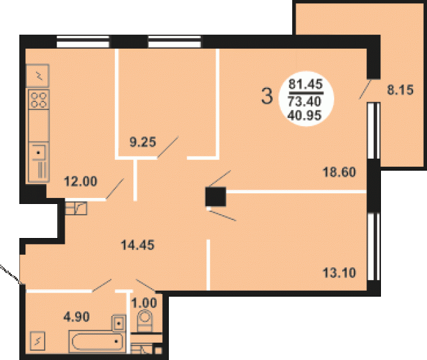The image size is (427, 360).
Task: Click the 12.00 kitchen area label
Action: click(80, 181)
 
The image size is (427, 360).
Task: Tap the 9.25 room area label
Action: click(143, 142)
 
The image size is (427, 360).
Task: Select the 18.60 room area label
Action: click(339, 172)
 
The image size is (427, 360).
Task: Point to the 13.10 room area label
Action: click(339, 273)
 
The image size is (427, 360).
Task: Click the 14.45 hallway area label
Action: click(137, 245)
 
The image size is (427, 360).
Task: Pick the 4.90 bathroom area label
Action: click(77, 317)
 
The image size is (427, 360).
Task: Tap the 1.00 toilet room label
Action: click(144, 303)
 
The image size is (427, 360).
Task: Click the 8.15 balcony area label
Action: click(400, 90)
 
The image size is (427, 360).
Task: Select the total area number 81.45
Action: click(306, 84)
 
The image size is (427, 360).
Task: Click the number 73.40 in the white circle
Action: click(304, 101)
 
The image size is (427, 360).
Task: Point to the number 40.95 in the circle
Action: click(304, 115)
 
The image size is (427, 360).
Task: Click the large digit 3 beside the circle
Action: click(267, 96)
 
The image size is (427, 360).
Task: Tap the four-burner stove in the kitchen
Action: click(39, 99)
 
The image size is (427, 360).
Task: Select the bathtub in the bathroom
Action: click(97, 341)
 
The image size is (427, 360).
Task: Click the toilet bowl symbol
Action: click(145, 321)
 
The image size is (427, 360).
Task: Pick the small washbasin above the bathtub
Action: click(119, 323)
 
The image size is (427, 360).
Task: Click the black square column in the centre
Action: click(216, 197)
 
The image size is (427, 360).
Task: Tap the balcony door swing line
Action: click(365, 89)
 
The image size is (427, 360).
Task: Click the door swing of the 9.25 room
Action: click(167, 147)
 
